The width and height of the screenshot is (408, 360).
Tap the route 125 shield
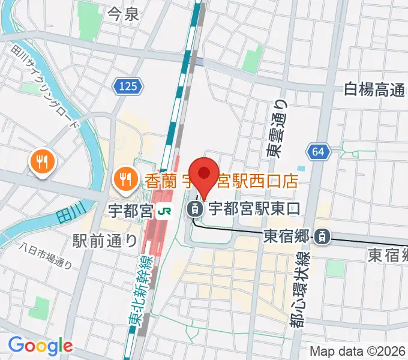coord(127,87)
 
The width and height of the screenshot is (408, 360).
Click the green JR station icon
coord(163,211)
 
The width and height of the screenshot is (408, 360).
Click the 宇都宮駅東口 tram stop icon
coord(194,210)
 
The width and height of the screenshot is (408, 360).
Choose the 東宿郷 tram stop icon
coord(323,237)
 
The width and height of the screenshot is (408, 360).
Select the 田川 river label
coord(67,213)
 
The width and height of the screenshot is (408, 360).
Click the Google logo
coord(40,346)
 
